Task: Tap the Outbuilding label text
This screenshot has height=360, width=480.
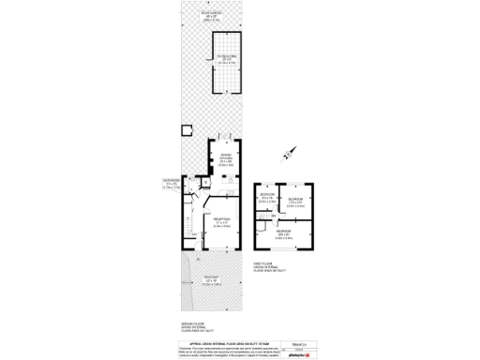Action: [x=226, y=57]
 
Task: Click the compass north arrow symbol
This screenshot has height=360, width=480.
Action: [x=289, y=150]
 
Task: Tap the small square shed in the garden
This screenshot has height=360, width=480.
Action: [x=186, y=130]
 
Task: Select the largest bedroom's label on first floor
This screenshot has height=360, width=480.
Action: [x=283, y=233]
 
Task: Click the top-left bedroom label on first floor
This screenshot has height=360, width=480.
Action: [x=266, y=198]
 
